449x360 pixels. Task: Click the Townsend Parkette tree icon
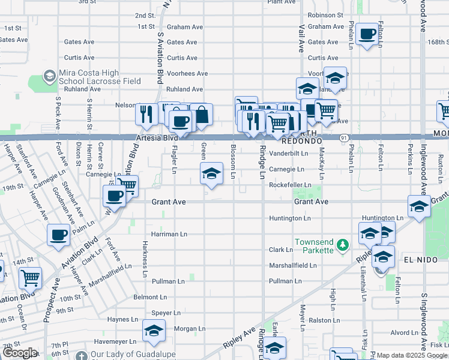tap(343, 245)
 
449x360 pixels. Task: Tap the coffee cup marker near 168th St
tap(367, 34)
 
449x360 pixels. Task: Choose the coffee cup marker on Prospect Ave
tap(58, 235)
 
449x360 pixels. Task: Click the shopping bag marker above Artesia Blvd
tap(202, 114)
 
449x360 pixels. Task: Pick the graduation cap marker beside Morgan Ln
tap(154, 331)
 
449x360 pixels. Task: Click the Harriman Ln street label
tap(169, 234)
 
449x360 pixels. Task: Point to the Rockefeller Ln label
tap(291, 185)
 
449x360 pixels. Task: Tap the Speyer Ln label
tap(166, 313)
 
